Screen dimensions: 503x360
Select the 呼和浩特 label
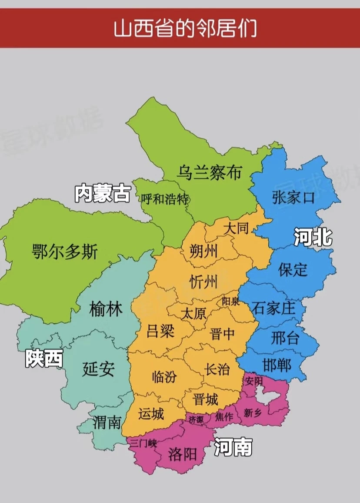[165, 199]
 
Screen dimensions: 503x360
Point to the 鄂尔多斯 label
[65, 251]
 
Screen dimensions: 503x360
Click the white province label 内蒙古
[102, 193]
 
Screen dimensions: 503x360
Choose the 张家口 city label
[293, 198]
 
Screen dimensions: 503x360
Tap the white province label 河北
[313, 238]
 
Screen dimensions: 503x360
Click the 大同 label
[236, 228]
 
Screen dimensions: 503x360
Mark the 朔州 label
[204, 251]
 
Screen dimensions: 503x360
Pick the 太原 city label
[193, 313]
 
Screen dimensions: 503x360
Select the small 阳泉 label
[230, 301]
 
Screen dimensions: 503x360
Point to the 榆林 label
[106, 309]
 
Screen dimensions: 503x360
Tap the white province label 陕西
[43, 359]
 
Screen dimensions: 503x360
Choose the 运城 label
[151, 413]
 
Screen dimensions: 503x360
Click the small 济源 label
[196, 419]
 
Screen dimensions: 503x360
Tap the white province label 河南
[233, 446]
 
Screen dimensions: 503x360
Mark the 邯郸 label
[277, 365]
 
